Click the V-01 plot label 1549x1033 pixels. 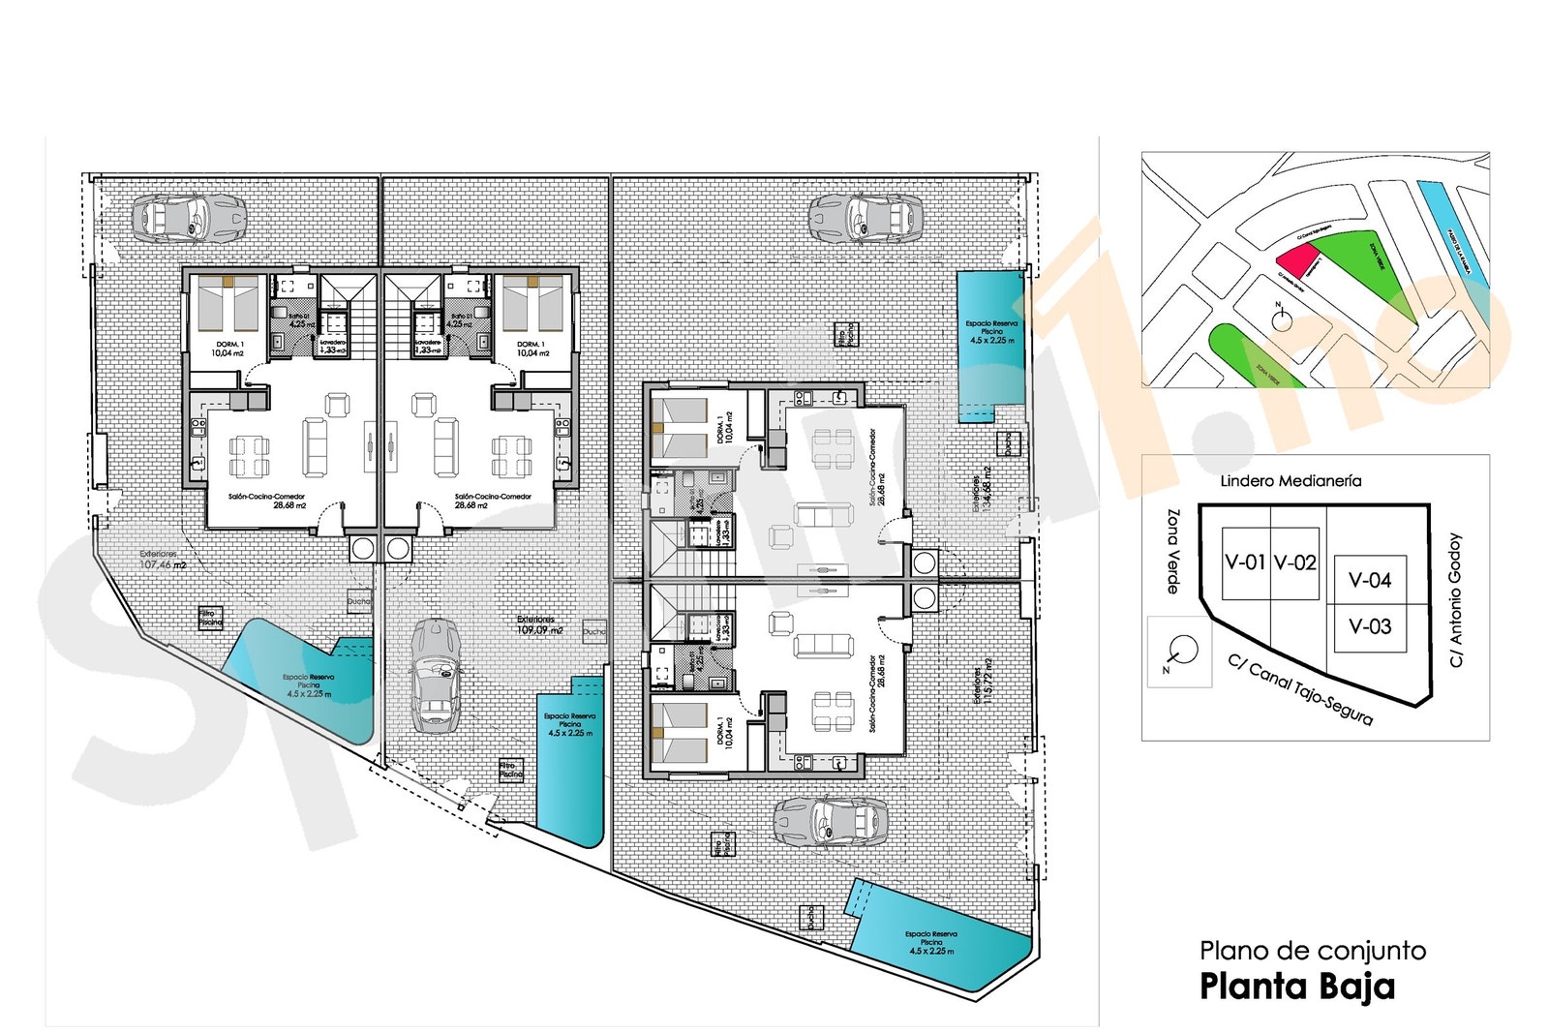click(1244, 562)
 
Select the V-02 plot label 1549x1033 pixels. click(1294, 562)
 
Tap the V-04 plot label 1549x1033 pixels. click(1370, 580)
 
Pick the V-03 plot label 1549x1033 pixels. click(1370, 626)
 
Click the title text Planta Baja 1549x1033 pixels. click(1296, 987)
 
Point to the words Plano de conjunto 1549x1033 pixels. click(1312, 951)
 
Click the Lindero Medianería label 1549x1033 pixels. click(1290, 481)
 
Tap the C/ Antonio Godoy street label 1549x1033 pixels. click(1455, 600)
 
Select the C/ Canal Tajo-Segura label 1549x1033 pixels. click(1300, 690)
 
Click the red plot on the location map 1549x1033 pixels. click(1297, 259)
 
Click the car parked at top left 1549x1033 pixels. click(188, 216)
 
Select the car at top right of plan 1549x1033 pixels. click(866, 217)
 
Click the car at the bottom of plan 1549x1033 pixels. click(831, 822)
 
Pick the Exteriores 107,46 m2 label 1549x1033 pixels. click(163, 560)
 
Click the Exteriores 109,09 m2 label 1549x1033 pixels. click(538, 624)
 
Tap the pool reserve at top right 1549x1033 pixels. click(989, 344)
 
